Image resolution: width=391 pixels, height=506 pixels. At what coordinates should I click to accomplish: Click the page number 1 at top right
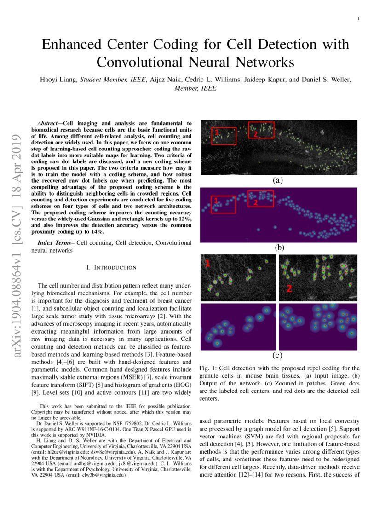(358, 19)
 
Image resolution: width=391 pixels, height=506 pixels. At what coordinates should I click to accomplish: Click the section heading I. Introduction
(112, 267)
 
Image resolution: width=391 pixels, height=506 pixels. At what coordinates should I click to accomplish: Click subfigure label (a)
(278, 181)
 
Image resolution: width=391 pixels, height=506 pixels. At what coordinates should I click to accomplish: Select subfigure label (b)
(279, 247)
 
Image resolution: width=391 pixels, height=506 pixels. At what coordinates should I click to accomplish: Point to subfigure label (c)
(277, 355)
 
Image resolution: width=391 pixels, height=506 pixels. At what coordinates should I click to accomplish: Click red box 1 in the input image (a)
(224, 136)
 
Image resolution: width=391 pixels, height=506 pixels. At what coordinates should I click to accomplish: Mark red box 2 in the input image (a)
(261, 130)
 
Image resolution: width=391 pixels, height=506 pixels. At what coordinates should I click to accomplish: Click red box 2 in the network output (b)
(261, 198)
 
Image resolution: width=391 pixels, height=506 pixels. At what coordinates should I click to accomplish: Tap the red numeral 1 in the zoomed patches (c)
(207, 264)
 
